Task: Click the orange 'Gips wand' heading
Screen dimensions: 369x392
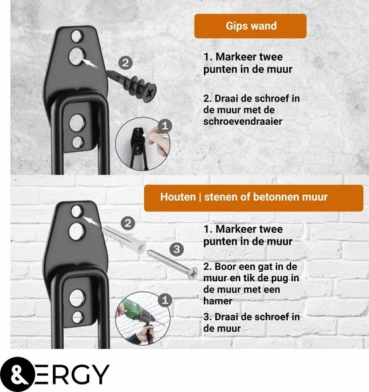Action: pos(250,26)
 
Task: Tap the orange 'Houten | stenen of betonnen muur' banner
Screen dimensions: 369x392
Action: pos(254,198)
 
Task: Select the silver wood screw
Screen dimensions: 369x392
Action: pos(172,264)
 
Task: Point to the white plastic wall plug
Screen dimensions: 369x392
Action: pos(124,239)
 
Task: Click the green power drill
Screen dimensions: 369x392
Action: pos(140,313)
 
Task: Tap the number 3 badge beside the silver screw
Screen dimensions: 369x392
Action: pos(176,249)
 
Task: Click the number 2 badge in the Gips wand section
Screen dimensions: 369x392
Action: pos(125,62)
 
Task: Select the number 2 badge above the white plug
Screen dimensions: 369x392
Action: pos(128,224)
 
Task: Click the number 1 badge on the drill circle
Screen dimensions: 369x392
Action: pos(165,300)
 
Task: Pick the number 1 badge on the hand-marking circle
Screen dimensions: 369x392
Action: pos(165,126)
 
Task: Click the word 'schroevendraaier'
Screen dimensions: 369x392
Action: pos(243,121)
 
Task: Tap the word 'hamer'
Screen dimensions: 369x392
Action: pos(217,301)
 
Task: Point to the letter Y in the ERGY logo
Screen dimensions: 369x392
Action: pos(100,375)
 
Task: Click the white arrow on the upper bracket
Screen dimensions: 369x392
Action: pos(89,62)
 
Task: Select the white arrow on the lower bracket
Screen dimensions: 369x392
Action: pos(91,221)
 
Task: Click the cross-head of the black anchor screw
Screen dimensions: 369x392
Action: pos(150,94)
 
